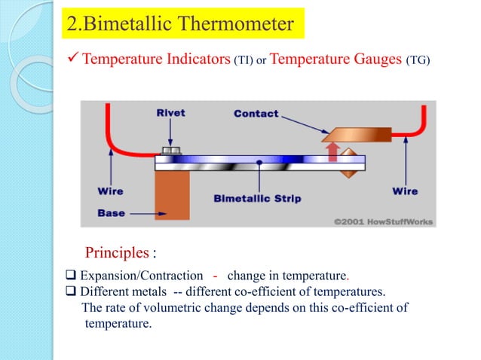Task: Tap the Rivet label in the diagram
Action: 170,114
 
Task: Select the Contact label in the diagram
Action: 256,114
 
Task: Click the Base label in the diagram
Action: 111,213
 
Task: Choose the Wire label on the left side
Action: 110,191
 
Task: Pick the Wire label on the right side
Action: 405,191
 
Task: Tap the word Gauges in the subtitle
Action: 375,60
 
